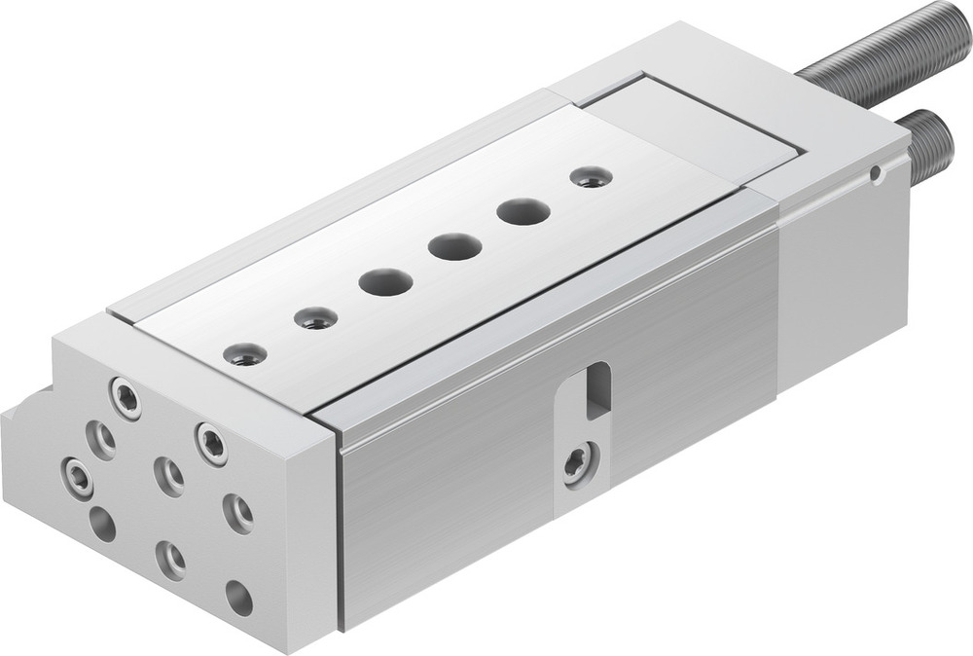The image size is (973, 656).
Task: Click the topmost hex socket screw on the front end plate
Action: click(x=125, y=397)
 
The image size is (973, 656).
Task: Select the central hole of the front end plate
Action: click(x=168, y=476)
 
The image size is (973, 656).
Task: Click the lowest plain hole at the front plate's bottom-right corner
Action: click(x=238, y=598)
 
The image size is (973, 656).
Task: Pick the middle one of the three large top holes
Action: click(x=454, y=246)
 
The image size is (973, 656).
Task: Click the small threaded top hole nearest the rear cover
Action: click(x=590, y=177)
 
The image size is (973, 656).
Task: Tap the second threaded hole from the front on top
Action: click(x=315, y=318)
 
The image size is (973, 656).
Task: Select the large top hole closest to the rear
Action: click(x=523, y=211)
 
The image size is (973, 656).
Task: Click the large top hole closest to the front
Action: click(x=384, y=282)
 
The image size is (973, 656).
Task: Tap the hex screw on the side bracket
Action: click(x=577, y=461)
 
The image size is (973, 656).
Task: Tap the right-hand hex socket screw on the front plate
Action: click(x=211, y=443)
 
